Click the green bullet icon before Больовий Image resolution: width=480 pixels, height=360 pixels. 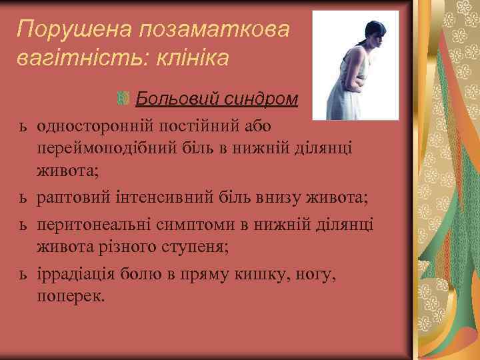click(x=123, y=99)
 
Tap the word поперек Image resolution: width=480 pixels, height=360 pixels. click(x=70, y=296)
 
